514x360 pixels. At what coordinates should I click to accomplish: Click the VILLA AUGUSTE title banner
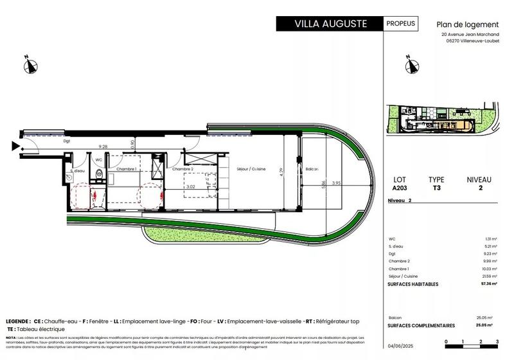330,24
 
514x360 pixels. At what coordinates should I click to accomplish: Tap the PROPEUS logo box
401,24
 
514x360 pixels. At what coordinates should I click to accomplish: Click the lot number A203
399,189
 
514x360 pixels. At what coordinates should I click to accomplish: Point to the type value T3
436,189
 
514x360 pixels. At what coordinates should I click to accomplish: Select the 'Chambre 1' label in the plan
127,168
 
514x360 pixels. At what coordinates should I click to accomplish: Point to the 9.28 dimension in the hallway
103,147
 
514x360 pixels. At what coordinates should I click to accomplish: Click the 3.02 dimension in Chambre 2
190,188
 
